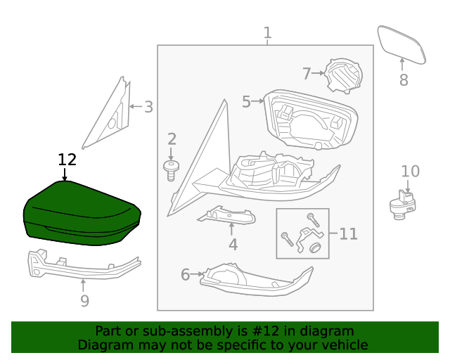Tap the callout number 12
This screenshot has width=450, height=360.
point(67,160)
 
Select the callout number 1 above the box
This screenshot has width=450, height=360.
point(267,32)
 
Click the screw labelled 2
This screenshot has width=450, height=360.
point(171,169)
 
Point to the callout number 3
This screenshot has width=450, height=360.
point(148,108)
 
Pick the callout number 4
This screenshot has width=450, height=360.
point(233,245)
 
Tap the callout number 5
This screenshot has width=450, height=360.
point(246,102)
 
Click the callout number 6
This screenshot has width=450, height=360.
point(186,274)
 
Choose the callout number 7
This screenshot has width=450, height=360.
point(307,73)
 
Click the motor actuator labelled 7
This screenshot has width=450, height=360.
point(343,75)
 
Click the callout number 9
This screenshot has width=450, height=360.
point(84,301)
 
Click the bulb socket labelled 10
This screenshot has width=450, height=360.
point(403,204)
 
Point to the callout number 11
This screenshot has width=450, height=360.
point(349,233)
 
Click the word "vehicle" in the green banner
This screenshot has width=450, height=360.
point(342,345)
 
